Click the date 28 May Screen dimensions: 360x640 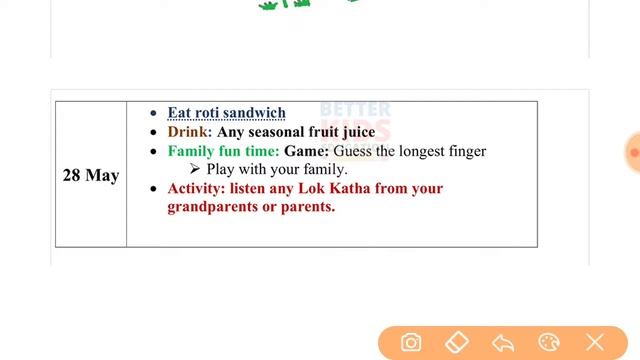coord(90,175)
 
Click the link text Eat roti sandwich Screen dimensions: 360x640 coord(226,113)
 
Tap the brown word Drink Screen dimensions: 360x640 coord(187,132)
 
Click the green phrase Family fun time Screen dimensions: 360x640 coord(223,151)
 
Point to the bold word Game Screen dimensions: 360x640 coord(305,151)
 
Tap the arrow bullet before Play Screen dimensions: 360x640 coord(196,170)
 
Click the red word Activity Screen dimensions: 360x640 coord(196,188)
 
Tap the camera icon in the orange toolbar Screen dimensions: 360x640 coord(411,343)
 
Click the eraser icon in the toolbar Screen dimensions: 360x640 coord(456,343)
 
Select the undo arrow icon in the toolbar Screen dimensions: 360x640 coord(503,343)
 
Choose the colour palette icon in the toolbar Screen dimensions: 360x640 coord(549,343)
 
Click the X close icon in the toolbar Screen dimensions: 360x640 coord(595,343)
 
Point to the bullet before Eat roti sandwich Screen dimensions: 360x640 coord(153,113)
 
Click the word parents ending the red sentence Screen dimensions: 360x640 coord(308,207)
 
